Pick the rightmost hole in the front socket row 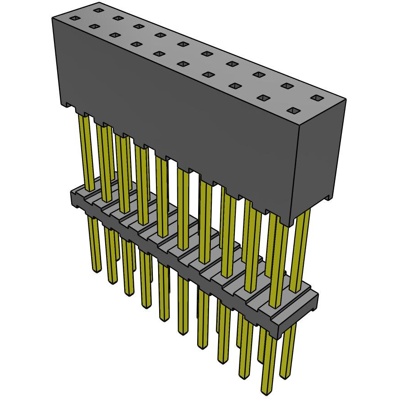[x=294, y=110]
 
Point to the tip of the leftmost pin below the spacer [x=96, y=270]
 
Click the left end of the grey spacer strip [x=74, y=198]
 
